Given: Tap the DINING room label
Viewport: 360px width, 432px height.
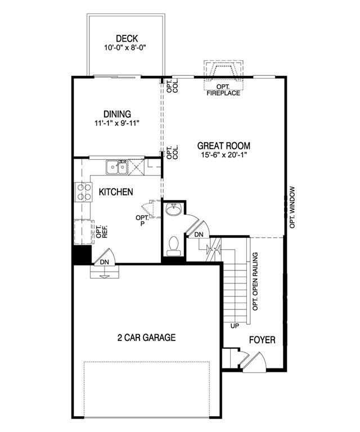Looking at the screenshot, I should click(117, 114).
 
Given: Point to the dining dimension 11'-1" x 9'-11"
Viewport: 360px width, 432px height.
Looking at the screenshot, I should click(117, 123).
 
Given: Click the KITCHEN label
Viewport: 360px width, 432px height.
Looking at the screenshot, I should click(116, 192).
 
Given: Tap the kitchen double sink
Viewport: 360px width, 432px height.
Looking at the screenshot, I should click(117, 167).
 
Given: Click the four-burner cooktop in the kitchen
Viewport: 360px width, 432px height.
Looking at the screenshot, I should click(83, 192).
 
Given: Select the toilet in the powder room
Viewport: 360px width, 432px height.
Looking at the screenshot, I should click(174, 246).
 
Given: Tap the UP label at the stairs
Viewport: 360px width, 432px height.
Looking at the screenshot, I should click(235, 326).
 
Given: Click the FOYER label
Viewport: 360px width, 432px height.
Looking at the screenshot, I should click(262, 340).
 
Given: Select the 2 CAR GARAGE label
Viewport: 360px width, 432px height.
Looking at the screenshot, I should click(147, 338).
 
